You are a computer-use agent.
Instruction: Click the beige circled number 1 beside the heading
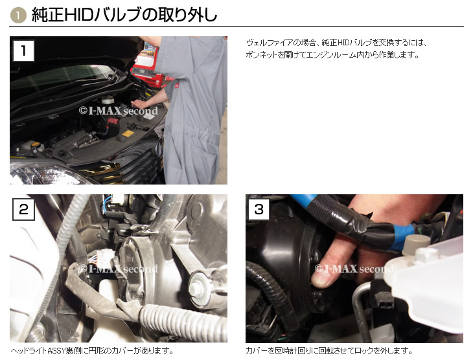18,16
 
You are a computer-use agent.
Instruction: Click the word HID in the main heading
77,15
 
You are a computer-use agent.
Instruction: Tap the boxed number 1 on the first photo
23,51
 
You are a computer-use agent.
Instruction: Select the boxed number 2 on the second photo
23,209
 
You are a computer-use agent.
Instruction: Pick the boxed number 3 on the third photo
259,209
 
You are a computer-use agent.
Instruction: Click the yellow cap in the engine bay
36,144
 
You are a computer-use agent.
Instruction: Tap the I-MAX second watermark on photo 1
118,111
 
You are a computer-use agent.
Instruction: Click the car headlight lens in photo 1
45,174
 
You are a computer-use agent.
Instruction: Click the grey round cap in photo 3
417,243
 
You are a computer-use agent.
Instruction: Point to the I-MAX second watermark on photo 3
354,268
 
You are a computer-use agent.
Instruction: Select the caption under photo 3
329,351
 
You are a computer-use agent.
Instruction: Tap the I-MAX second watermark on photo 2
118,268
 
